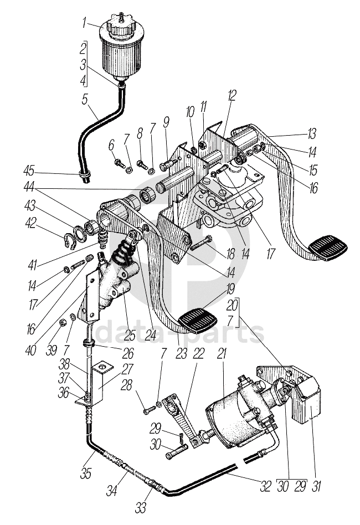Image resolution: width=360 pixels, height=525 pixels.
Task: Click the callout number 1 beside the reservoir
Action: [85, 23]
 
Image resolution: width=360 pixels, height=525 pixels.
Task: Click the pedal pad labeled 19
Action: [198, 320]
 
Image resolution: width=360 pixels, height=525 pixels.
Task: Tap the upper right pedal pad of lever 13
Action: [327, 248]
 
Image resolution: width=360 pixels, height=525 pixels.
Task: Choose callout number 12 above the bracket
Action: [232, 95]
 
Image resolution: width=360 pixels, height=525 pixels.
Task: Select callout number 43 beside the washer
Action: [30, 207]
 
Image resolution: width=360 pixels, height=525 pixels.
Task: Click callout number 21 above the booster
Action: [222, 354]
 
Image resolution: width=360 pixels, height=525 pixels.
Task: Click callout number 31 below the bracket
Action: [316, 486]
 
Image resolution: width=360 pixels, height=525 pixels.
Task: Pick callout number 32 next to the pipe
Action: [265, 486]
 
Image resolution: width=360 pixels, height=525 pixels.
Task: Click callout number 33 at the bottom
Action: [141, 508]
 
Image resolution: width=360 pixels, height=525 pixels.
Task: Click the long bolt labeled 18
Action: [201, 243]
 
